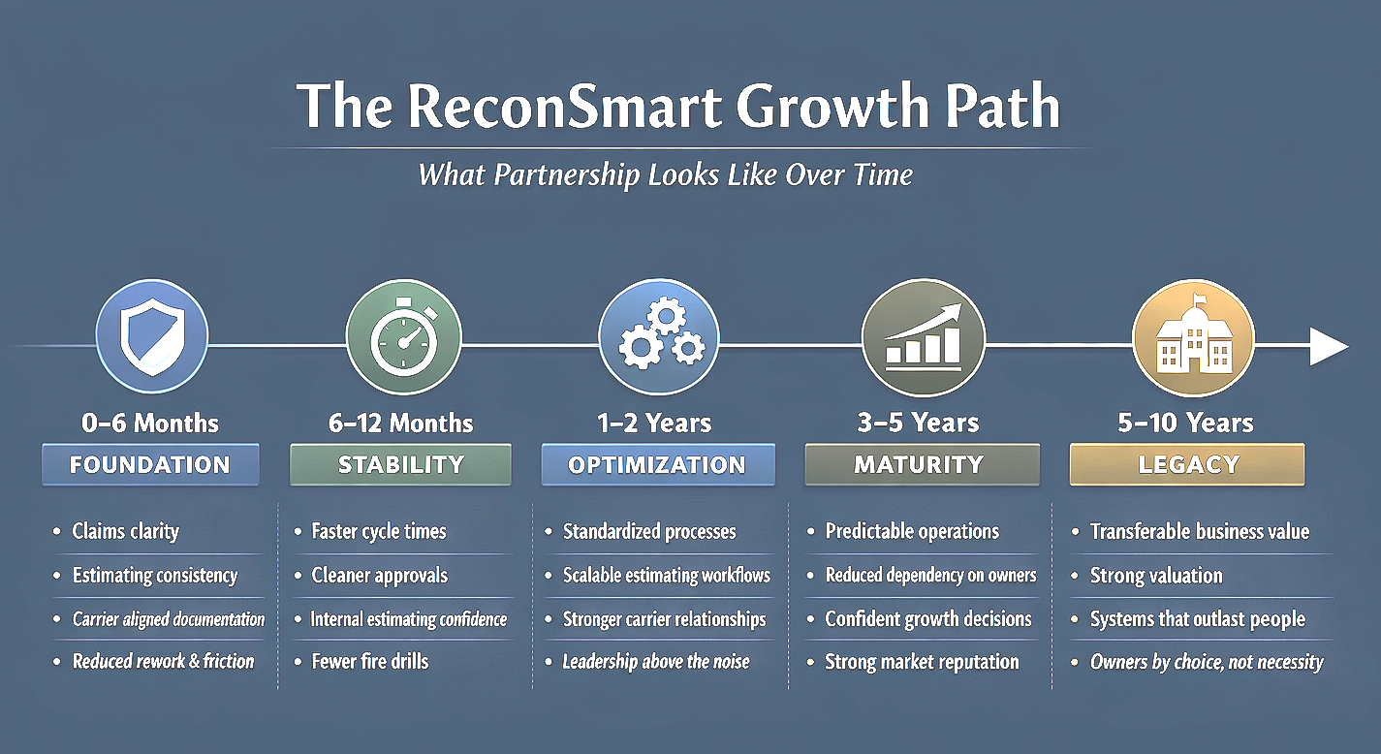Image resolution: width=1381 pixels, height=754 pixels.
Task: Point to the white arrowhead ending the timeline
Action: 1328,346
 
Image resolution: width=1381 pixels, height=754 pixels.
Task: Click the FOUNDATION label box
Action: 150,464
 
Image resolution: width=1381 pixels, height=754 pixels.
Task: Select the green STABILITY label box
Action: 400,464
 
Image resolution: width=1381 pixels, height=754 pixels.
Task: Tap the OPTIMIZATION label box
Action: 657,464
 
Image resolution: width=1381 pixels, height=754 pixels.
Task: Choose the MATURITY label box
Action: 922,464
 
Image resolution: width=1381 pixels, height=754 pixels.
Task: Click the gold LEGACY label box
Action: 1187,464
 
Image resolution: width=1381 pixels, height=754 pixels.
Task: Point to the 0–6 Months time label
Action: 150,424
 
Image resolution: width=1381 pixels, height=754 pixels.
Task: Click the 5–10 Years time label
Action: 1186,424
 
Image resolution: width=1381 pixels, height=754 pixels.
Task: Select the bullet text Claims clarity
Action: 125,531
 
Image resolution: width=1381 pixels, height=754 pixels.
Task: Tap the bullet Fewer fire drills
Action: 369,662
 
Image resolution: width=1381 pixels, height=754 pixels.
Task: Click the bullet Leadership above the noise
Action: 656,662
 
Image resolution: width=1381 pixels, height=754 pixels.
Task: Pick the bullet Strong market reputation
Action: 922,662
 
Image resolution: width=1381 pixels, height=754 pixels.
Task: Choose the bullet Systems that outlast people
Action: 1197,619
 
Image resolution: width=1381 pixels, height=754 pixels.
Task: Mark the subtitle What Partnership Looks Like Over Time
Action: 665,175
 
